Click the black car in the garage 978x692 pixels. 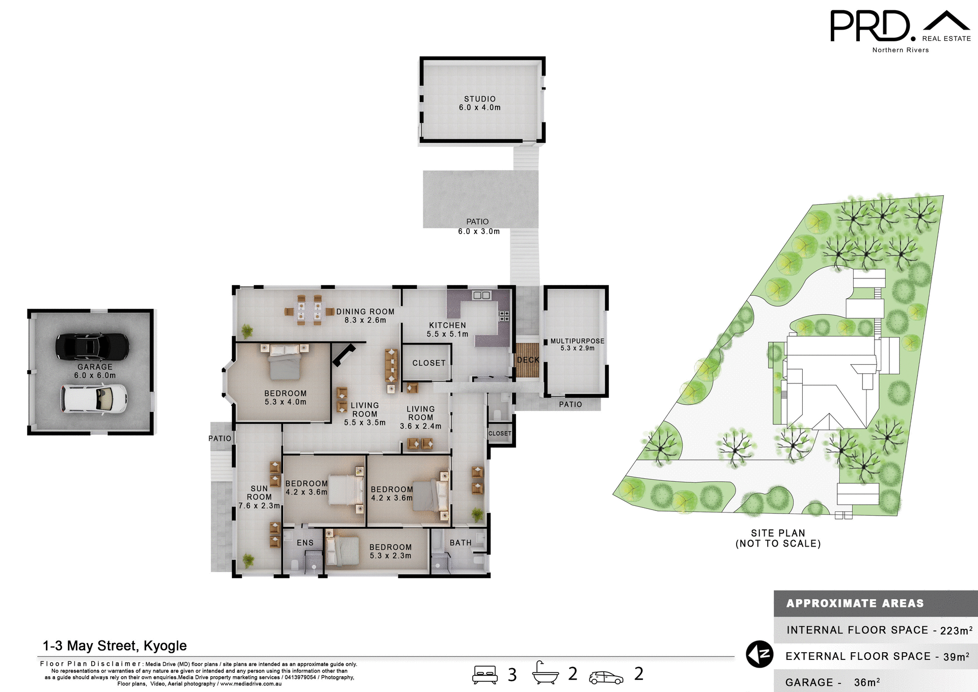[x=92, y=347]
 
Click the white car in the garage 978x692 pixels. [x=94, y=398]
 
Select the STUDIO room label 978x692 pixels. [x=479, y=99]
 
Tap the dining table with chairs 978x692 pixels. [x=309, y=310]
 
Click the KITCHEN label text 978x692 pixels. [x=447, y=325]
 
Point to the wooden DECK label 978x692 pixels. [x=528, y=360]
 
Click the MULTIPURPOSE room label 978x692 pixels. [x=577, y=341]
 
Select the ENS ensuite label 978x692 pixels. [x=305, y=543]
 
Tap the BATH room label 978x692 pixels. [x=460, y=543]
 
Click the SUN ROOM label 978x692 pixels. [x=259, y=493]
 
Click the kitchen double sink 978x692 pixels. [x=481, y=295]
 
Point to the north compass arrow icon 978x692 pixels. [x=759, y=654]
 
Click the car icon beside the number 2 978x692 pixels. [x=606, y=677]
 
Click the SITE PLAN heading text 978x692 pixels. [x=778, y=533]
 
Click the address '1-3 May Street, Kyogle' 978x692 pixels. [x=115, y=646]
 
